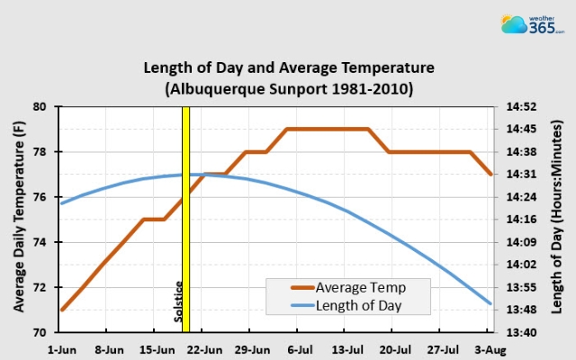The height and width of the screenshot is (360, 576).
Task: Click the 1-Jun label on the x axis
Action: pyautogui.click(x=61, y=347)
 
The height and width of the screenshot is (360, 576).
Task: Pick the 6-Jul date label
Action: pyautogui.click(x=300, y=347)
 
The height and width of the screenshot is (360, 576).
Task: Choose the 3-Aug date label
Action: pyautogui.click(x=490, y=347)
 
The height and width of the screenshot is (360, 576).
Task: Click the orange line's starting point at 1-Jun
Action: pyautogui.click(x=62, y=310)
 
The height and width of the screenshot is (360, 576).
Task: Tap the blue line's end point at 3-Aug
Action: pyautogui.click(x=490, y=303)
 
